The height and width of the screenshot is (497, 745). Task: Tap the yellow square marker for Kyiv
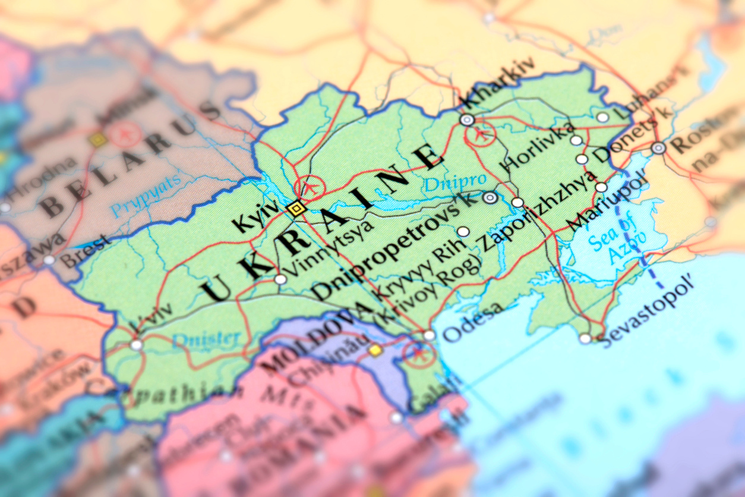tap(296, 208)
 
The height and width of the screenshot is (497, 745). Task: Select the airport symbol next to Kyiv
tap(310, 188)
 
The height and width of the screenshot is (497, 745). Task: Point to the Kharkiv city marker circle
tap(468, 120)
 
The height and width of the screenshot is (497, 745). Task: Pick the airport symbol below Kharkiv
tap(481, 134)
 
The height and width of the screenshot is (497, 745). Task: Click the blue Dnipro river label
tap(454, 181)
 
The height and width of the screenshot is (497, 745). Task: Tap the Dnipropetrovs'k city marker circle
tap(490, 198)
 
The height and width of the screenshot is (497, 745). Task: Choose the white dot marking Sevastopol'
tap(586, 338)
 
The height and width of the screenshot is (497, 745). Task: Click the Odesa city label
tap(473, 323)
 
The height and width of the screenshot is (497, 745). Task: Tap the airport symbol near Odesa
tap(419, 353)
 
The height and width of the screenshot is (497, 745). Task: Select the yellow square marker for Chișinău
tap(375, 350)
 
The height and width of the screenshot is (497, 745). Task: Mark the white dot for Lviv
tap(137, 345)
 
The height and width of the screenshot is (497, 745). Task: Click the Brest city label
tap(86, 252)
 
